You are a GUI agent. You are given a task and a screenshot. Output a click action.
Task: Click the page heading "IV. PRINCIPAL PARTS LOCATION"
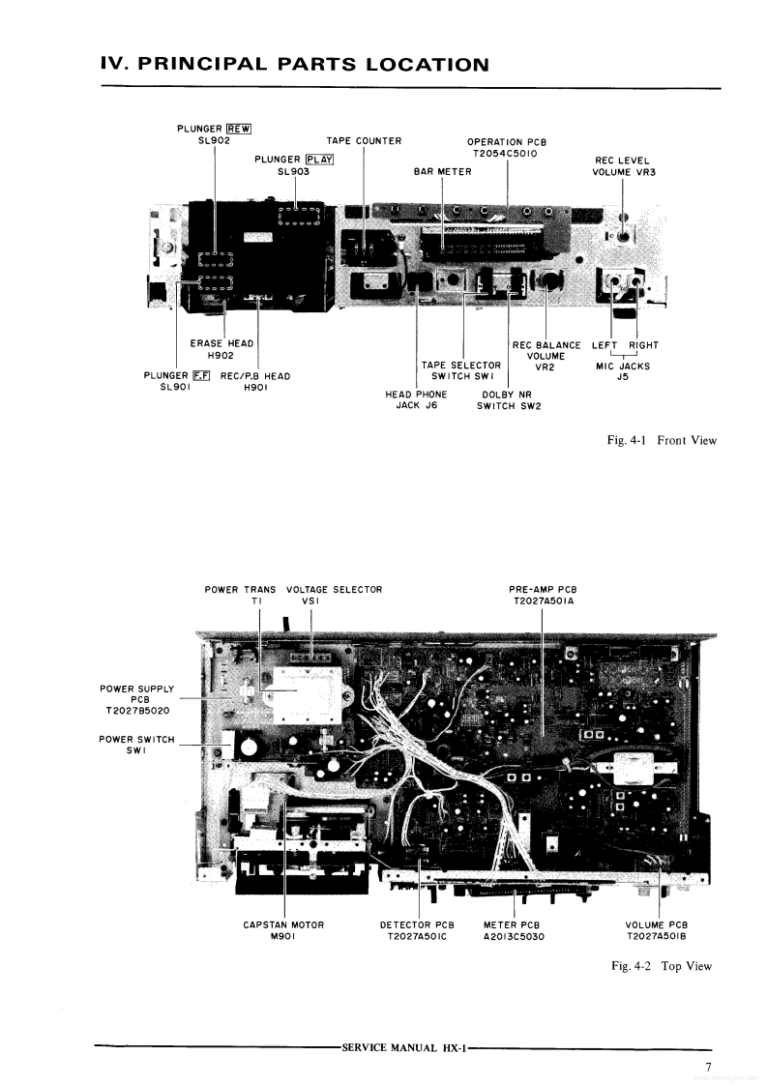tap(294, 65)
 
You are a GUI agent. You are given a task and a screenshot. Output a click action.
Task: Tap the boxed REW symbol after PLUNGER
tap(238, 128)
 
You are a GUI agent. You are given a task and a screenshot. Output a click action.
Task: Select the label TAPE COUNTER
tap(364, 141)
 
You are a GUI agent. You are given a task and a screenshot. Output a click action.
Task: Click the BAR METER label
tap(442, 172)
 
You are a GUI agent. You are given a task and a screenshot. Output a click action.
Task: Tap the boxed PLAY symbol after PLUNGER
tap(319, 160)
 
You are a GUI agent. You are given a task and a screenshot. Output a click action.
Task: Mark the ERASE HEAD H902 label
tap(221, 349)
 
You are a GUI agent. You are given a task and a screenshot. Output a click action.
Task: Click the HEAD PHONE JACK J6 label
tap(416, 400)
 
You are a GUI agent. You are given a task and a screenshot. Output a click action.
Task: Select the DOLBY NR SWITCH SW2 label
tap(508, 400)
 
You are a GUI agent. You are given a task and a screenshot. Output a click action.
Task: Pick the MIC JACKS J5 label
tap(623, 371)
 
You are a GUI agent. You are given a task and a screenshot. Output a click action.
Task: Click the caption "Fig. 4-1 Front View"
tap(662, 441)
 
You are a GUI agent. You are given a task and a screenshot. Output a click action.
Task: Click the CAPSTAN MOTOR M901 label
tap(283, 930)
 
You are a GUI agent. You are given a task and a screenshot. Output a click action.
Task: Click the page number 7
tap(708, 1068)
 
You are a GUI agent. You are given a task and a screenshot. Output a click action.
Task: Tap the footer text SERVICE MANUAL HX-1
tap(404, 1047)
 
